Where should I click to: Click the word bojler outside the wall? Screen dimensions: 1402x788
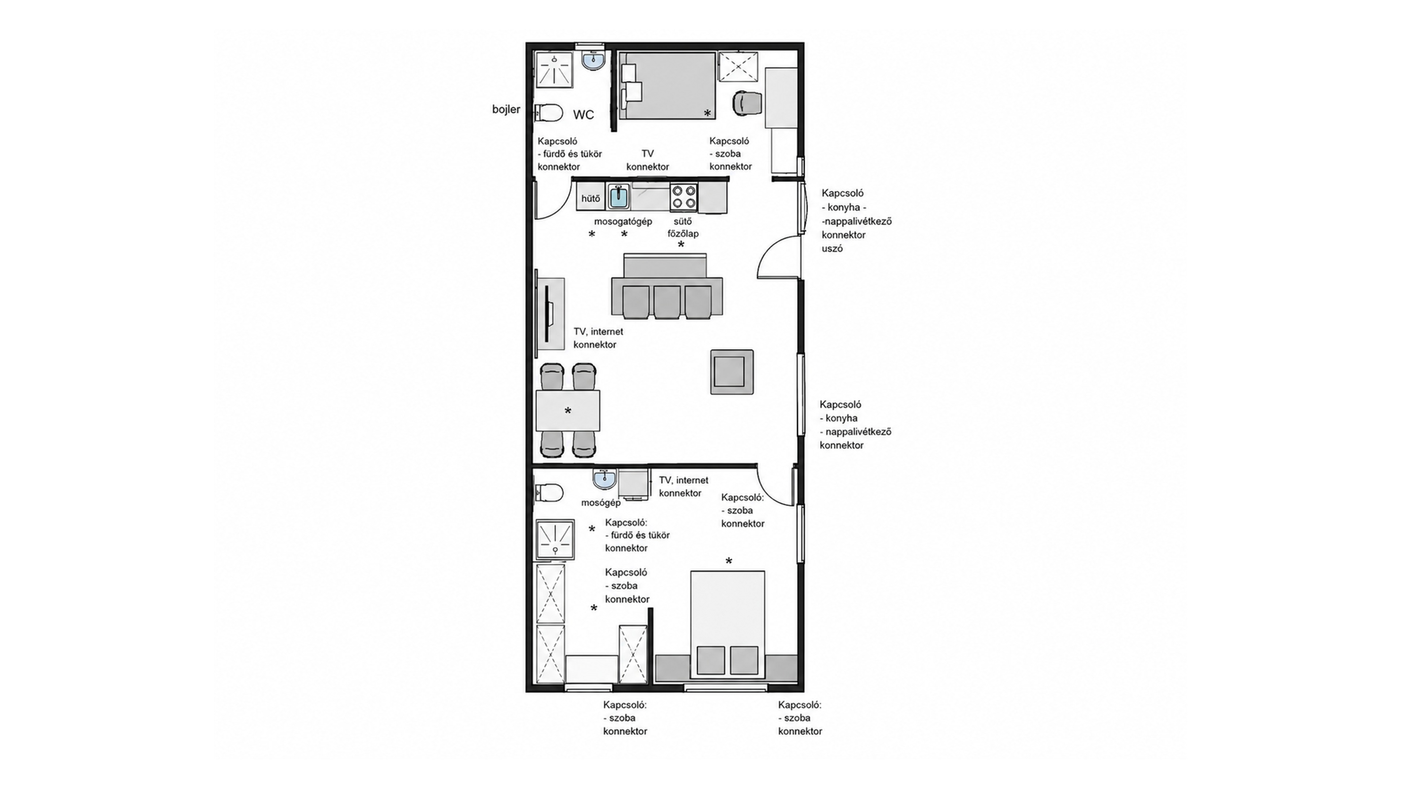tap(506, 109)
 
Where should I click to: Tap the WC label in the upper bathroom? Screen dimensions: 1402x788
tap(583, 115)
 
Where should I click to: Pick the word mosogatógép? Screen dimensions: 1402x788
tap(623, 221)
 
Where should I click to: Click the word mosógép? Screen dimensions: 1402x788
tap(601, 502)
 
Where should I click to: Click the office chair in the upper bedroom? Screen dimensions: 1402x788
tap(747, 103)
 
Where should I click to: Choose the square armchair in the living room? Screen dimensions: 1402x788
tap(732, 372)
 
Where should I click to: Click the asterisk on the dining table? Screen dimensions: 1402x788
tap(568, 411)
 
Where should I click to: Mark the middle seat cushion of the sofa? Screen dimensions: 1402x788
tap(667, 302)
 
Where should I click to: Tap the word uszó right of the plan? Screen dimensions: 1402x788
tap(832, 248)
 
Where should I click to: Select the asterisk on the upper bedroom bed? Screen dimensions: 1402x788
tap(708, 113)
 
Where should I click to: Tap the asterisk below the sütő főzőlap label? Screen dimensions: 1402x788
tap(681, 245)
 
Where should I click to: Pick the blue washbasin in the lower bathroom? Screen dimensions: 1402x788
tap(605, 479)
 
